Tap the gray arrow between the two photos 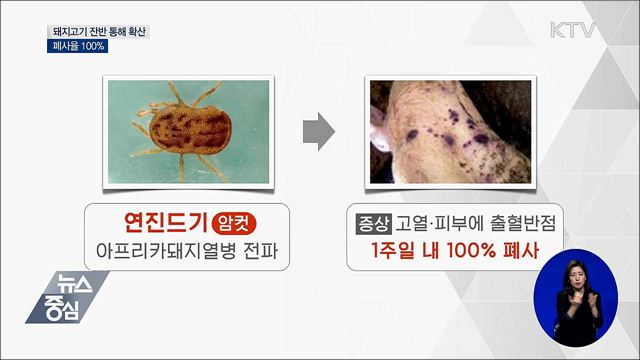318,131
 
